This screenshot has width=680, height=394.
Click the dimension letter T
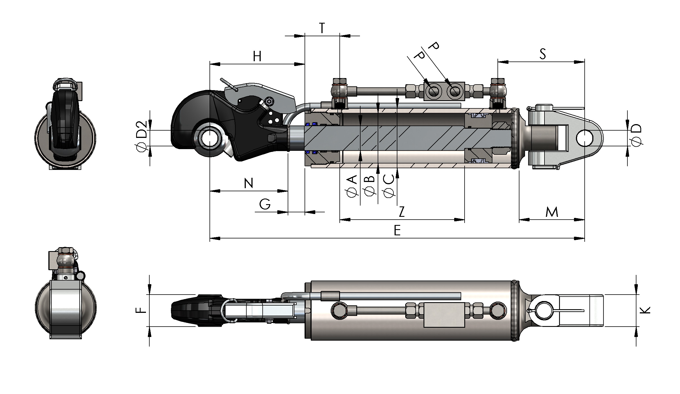click(322, 28)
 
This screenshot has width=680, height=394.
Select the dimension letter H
click(257, 56)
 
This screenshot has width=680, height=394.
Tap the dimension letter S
click(543, 54)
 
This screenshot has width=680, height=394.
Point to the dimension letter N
click(249, 183)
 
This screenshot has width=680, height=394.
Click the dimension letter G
click(265, 204)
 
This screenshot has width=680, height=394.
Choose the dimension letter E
click(397, 231)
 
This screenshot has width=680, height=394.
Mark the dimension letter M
click(552, 212)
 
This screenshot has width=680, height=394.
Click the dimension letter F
click(141, 310)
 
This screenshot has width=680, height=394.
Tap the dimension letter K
click(645, 310)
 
